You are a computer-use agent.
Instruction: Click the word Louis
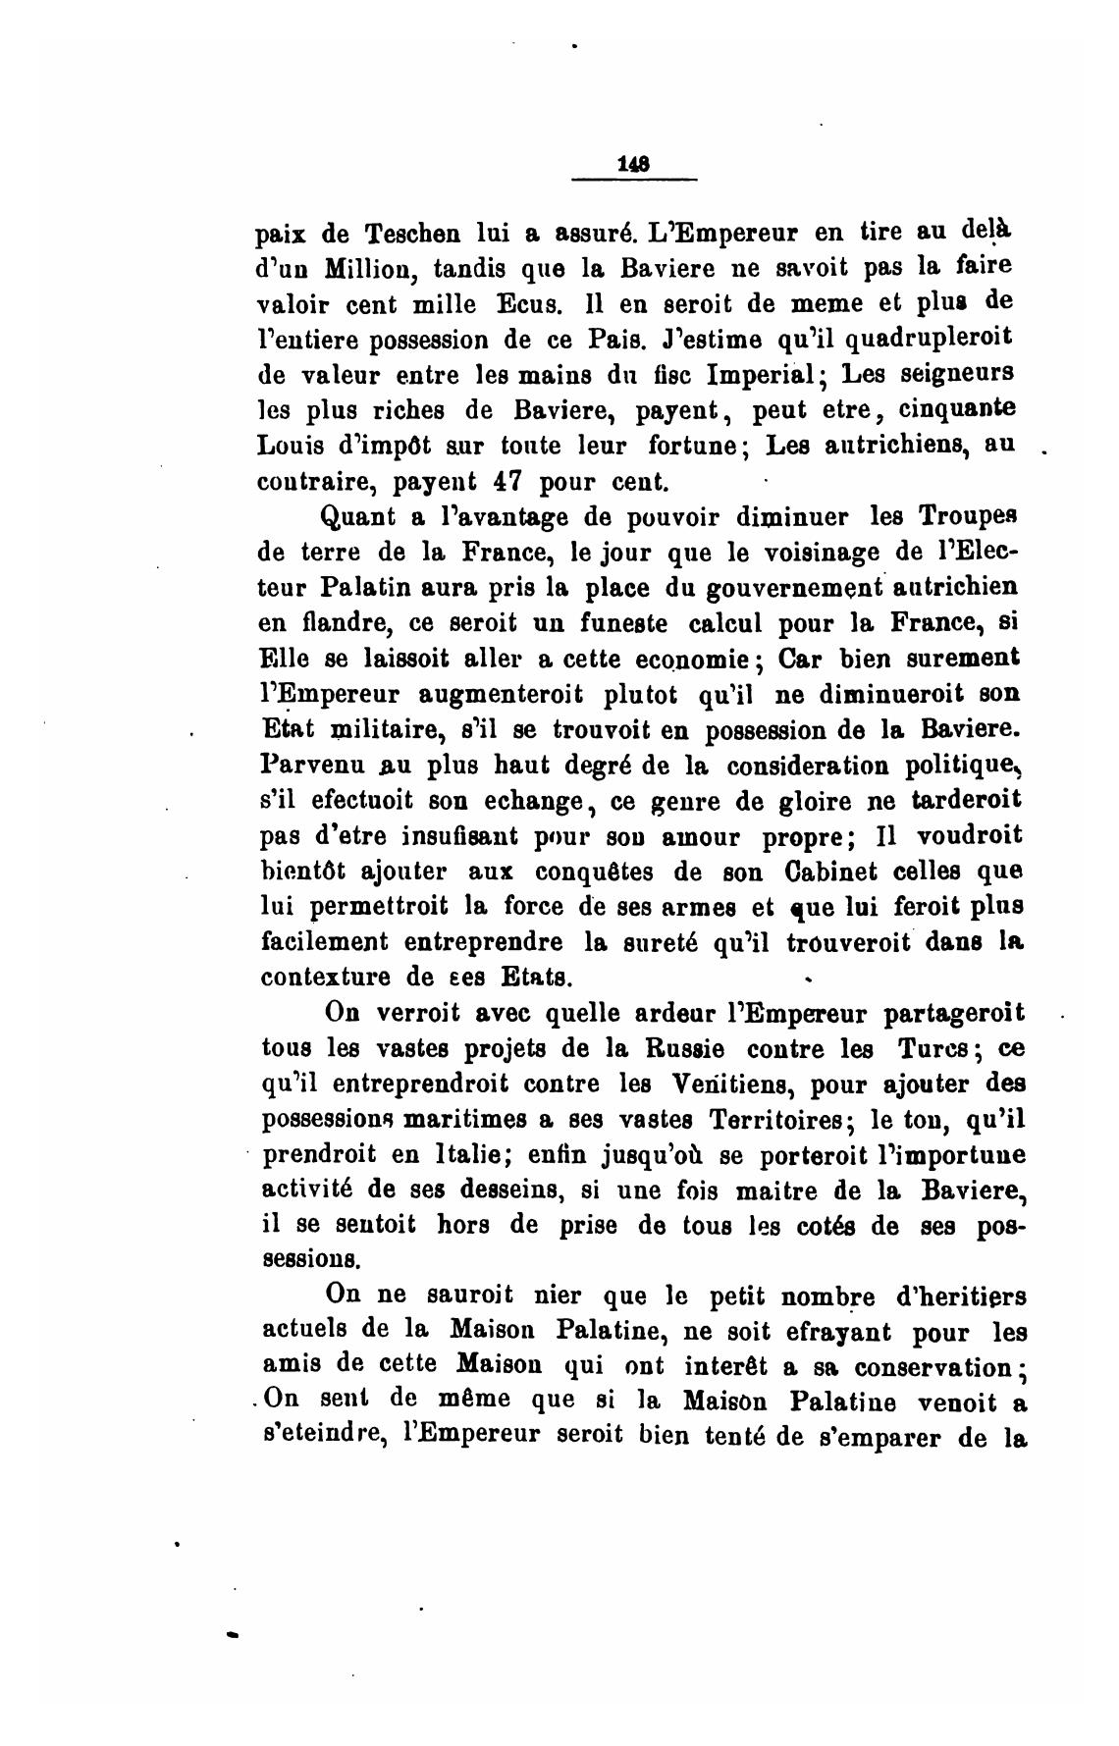[x=289, y=447]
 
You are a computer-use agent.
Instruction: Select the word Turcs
[x=922, y=1048]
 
